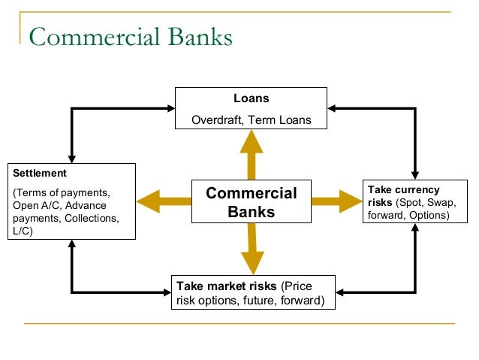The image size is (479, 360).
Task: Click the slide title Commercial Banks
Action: pos(131,37)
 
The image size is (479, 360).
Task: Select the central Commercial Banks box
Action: pos(252,201)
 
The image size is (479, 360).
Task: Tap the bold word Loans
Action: pos(251,98)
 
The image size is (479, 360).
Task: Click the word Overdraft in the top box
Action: pos(217,119)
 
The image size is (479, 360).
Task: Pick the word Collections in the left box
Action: pos(91,219)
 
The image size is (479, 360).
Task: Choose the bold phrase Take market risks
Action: pos(226,286)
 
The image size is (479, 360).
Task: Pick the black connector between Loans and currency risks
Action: pos(414,110)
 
